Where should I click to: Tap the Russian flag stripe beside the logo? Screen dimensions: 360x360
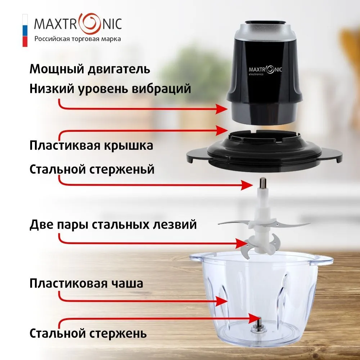tap(25, 31)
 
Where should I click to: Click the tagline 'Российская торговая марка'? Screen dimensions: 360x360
tap(78, 39)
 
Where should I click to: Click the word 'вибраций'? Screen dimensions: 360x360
tap(161, 89)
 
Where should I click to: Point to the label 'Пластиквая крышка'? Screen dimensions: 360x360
tap(91, 145)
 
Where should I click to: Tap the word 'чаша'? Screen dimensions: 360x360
tap(127, 283)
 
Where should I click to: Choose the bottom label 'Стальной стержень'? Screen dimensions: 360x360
tap(88, 333)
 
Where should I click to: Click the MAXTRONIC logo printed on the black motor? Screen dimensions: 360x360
tap(265, 70)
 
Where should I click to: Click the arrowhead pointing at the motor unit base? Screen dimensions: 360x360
tap(221, 109)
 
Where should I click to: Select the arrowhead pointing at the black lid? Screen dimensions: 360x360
tap(221, 131)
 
